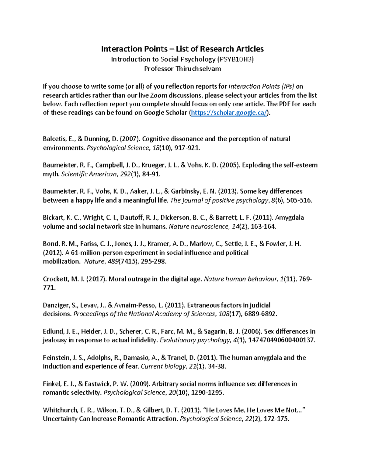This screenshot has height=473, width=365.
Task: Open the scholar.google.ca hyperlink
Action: pyautogui.click(x=229, y=113)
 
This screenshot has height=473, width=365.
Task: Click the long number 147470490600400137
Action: pyautogui.click(x=281, y=340)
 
